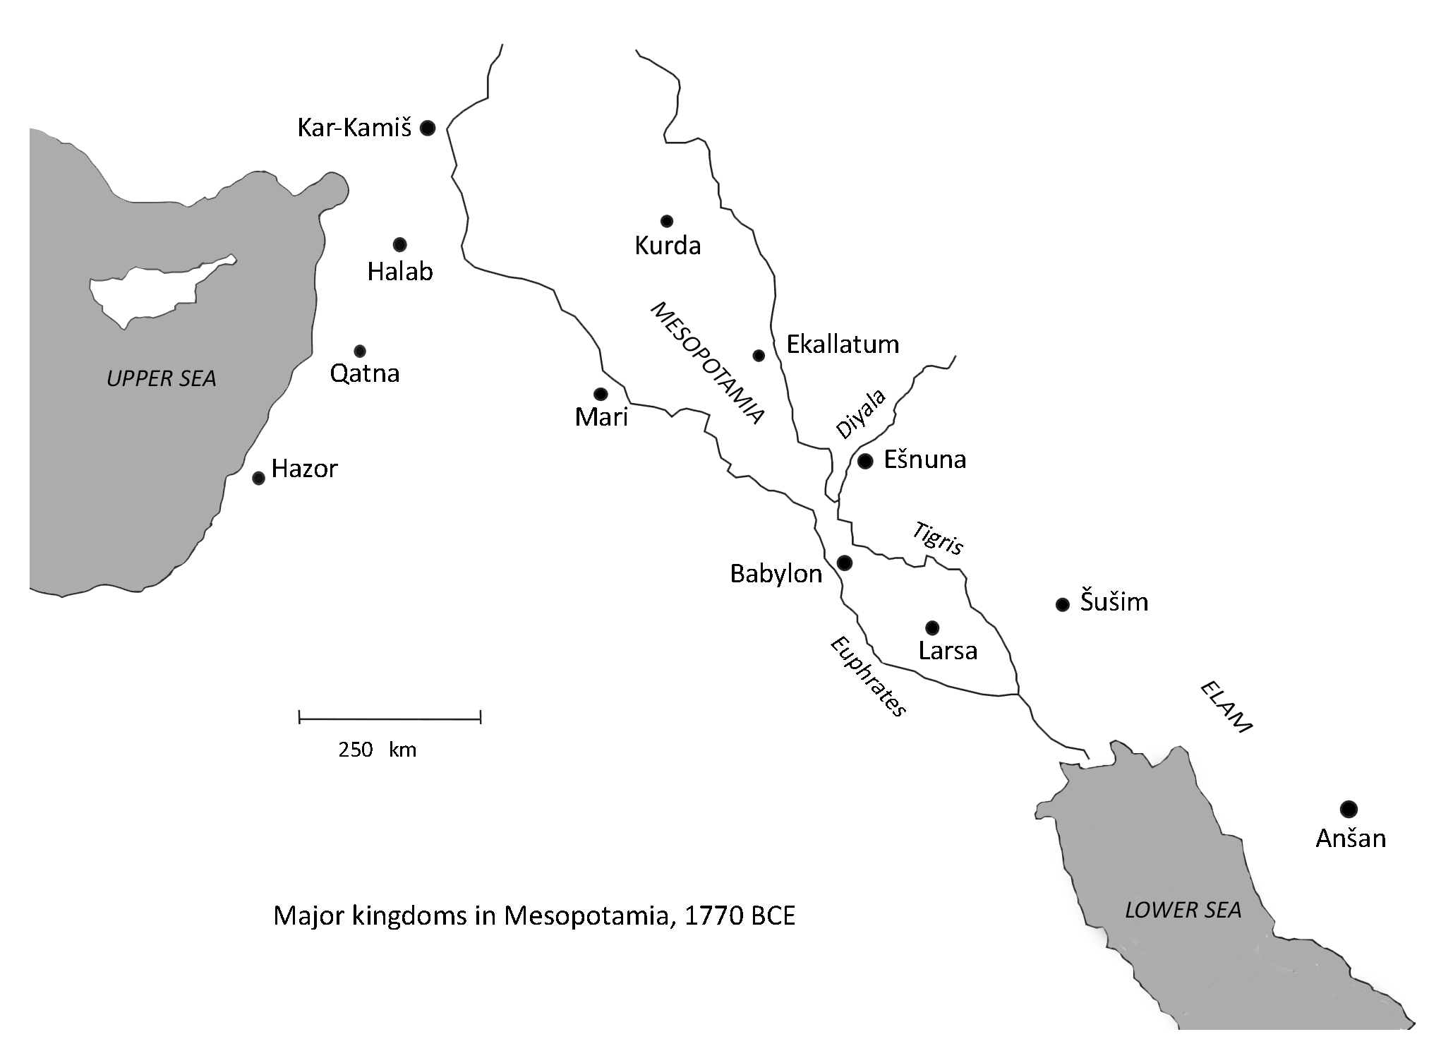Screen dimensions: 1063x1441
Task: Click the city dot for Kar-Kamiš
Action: tap(427, 128)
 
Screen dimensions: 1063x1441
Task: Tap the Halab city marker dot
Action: tap(399, 245)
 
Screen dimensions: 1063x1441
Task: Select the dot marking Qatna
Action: tap(360, 351)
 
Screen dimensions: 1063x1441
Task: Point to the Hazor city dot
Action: tap(258, 478)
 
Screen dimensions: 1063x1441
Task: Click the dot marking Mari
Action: tap(601, 393)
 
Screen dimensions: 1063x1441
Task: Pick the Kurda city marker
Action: tap(666, 221)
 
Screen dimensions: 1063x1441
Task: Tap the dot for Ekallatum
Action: tap(759, 355)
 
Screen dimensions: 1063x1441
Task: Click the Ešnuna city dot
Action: tap(865, 461)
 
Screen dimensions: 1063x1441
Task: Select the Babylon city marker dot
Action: tap(844, 563)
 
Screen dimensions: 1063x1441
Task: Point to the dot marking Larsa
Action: tap(932, 627)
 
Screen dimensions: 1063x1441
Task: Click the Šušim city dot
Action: tap(1062, 604)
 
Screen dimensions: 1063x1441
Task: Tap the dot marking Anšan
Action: tap(1349, 809)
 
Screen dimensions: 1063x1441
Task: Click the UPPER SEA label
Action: tap(161, 379)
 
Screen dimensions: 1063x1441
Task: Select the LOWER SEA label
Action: tap(1183, 911)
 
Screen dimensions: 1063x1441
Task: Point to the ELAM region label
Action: tap(1226, 707)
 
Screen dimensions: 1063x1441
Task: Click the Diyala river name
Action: tap(860, 414)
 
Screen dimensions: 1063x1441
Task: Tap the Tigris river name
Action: tap(938, 539)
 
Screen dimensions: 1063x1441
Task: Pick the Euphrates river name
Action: tap(868, 676)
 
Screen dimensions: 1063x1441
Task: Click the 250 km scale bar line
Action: tap(390, 719)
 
